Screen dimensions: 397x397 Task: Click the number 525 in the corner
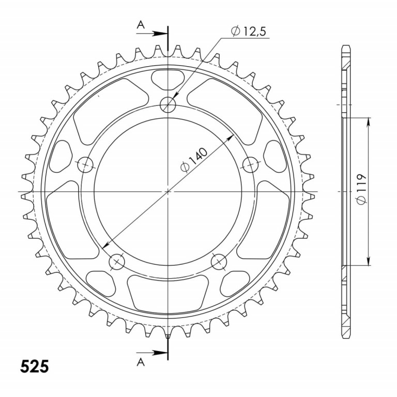click(35, 367)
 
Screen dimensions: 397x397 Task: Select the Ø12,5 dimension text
click(249, 32)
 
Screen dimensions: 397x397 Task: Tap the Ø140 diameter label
click(194, 159)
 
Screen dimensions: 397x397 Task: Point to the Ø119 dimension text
click(362, 190)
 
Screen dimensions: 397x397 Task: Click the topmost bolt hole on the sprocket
click(168, 105)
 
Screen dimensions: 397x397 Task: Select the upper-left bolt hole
click(85, 165)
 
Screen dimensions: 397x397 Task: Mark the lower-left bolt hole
click(117, 262)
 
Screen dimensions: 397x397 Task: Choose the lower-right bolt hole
click(219, 262)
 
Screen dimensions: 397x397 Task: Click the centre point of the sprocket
click(168, 192)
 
